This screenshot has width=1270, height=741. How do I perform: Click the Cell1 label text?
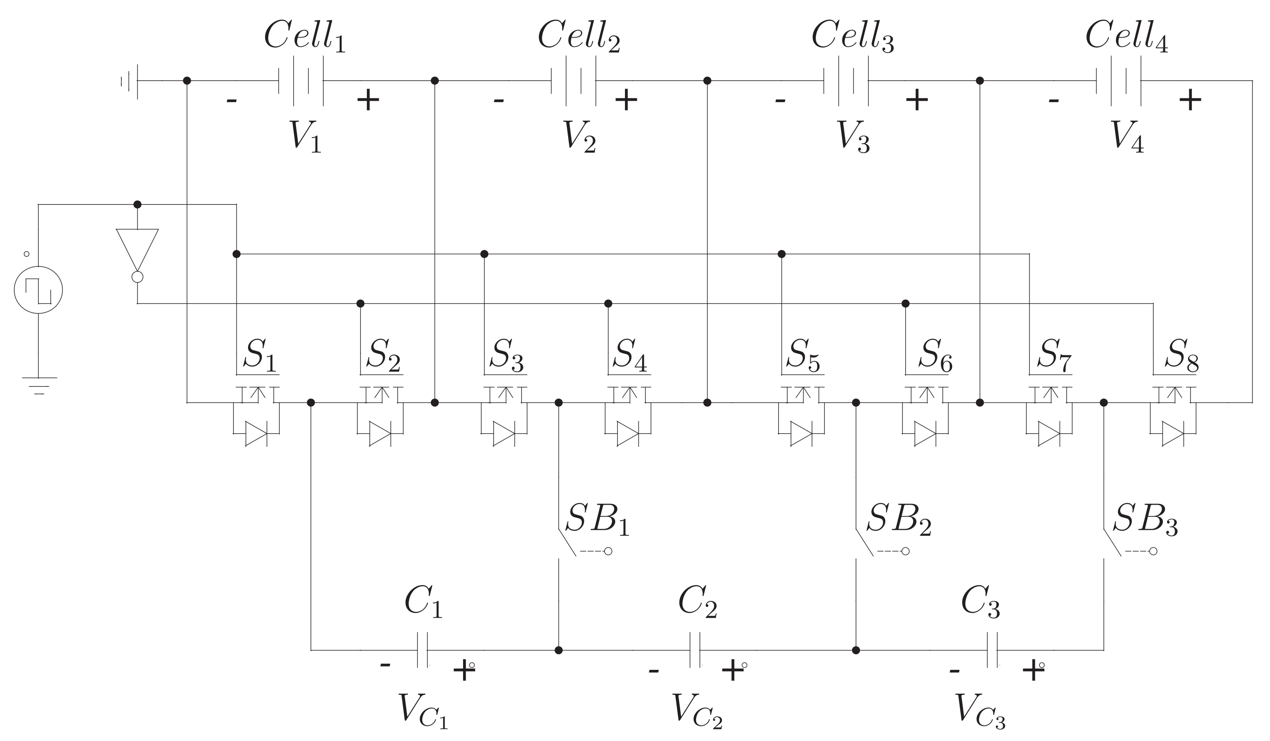[x=305, y=36]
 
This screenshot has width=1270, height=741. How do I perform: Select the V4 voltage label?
[x=1127, y=136]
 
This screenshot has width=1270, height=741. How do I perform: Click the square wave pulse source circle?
[x=38, y=290]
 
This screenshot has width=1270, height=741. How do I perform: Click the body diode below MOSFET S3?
[x=504, y=434]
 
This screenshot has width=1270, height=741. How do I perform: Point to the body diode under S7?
[x=1049, y=434]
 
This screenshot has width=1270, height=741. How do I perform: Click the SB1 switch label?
[x=598, y=519]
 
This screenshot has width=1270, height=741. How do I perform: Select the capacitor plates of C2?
[x=695, y=650]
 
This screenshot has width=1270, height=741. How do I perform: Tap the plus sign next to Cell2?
[x=626, y=100]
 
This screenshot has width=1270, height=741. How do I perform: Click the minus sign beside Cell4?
[x=1053, y=100]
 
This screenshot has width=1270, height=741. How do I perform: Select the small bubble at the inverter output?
[x=137, y=277]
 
